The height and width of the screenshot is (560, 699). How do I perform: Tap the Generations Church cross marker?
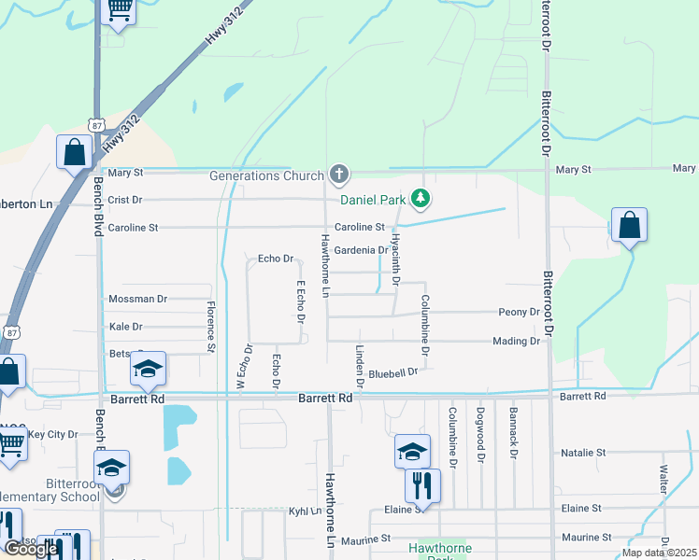pyautogui.click(x=338, y=175)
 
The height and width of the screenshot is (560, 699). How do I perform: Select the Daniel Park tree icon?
pyautogui.click(x=421, y=198)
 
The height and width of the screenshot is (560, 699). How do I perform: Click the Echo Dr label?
pyautogui.click(x=276, y=259)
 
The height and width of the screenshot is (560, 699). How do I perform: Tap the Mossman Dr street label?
pyautogui.click(x=137, y=299)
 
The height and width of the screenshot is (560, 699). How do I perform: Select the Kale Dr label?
pyautogui.click(x=125, y=327)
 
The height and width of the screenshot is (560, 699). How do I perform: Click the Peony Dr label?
pyautogui.click(x=520, y=312)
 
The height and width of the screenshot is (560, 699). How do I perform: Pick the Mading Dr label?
pyautogui.click(x=516, y=342)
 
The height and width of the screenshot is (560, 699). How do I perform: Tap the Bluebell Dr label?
pyautogui.click(x=392, y=373)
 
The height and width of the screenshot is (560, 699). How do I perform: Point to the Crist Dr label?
pyautogui.click(x=124, y=200)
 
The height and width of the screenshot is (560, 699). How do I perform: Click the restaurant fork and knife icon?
pyautogui.click(x=422, y=484)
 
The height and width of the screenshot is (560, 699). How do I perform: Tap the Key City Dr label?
pyautogui.click(x=52, y=434)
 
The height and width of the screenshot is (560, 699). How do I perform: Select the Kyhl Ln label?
pyautogui.click(x=304, y=511)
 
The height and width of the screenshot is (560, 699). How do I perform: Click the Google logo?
pyautogui.click(x=31, y=549)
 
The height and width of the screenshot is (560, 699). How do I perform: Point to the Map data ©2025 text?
pyautogui.click(x=659, y=553)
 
